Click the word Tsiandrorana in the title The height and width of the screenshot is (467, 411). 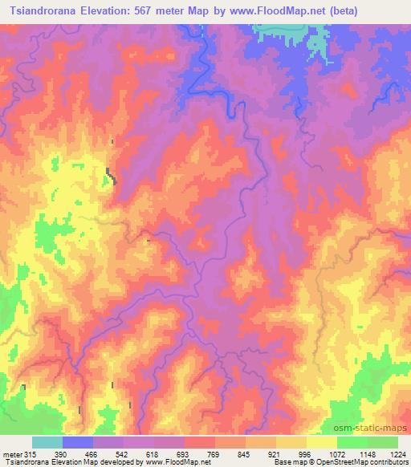click(x=39, y=10)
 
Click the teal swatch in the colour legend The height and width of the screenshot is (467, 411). click(x=47, y=443)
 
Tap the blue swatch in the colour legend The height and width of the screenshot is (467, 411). click(x=78, y=443)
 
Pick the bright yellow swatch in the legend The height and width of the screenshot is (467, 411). click(x=322, y=443)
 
